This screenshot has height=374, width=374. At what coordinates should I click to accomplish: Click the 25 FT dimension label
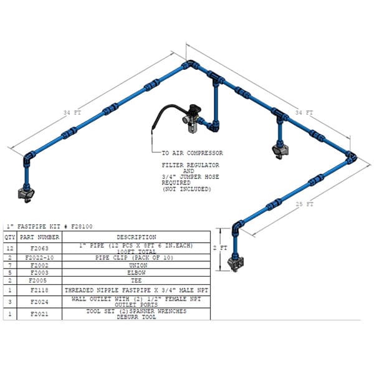pos(304,204)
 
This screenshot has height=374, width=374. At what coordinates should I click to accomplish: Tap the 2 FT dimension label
pos(220,248)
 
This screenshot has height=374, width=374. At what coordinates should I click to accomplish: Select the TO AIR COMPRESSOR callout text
pos(192,153)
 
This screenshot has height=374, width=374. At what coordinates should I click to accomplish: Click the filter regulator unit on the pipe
pos(193,118)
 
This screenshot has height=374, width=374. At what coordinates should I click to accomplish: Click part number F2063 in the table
pos(39,248)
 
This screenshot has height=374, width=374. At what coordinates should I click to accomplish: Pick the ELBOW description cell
pos(137,272)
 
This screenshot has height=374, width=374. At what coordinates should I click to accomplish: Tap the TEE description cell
pos(136,280)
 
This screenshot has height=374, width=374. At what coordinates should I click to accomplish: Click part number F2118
pos(39,290)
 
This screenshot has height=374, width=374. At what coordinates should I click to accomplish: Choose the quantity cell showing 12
pos(10,248)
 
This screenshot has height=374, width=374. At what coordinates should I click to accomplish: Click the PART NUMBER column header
pos(39,237)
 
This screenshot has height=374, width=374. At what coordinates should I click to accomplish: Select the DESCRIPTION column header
pos(137,237)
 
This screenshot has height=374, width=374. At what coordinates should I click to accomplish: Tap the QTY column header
pos(10,237)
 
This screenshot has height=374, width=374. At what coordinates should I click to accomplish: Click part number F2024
pos(39,302)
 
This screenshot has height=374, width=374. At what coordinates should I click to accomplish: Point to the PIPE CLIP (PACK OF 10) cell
pos(134,257)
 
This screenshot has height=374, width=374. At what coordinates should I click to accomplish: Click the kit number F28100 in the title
pos(82,226)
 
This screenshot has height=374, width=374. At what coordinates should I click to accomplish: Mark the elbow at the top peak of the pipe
pos(190,64)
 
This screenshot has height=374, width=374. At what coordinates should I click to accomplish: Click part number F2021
pos(39,314)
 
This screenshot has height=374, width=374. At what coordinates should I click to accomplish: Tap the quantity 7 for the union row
pos(10,266)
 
